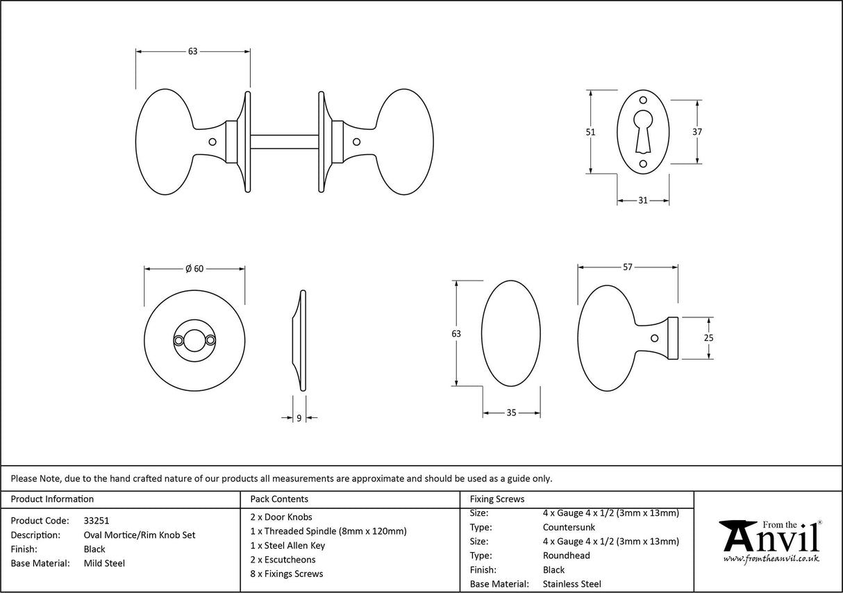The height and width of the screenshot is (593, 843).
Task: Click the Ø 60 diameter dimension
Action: (194, 269)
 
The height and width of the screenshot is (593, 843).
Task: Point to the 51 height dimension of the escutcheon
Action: (591, 132)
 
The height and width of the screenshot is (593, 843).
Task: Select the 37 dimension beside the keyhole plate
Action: (697, 132)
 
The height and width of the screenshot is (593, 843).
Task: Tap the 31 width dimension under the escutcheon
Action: (642, 201)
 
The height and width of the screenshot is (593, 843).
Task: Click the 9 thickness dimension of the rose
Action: (299, 418)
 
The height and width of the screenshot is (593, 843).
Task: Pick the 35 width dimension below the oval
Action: (511, 413)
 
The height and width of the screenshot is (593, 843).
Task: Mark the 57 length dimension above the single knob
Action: (627, 267)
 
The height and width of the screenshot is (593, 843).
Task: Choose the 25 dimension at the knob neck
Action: (708, 338)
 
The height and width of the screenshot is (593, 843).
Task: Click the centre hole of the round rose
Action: (194, 340)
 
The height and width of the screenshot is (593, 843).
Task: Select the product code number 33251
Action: (97, 520)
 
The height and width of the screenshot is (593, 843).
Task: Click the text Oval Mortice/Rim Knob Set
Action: (139, 535)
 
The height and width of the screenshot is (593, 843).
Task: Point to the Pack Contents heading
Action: (278, 499)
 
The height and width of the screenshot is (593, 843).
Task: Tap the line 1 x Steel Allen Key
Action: (287, 545)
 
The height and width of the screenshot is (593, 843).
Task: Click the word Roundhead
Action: (566, 556)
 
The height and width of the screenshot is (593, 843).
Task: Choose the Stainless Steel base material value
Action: (572, 584)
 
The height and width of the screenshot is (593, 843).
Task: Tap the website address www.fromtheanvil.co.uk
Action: (771, 559)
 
